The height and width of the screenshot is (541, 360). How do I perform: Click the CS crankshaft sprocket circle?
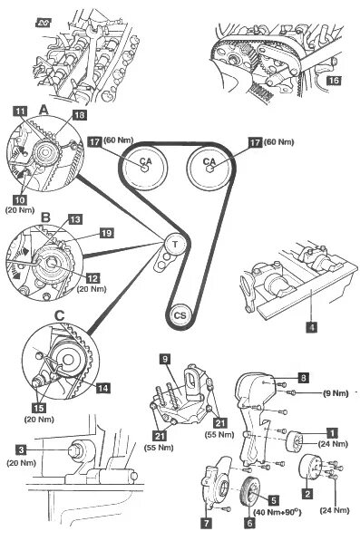(x=180, y=315)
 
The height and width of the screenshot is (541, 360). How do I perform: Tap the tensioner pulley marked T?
(x=175, y=245)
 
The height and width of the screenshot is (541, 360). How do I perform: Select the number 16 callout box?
(x=334, y=80)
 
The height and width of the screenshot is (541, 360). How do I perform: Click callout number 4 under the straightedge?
(x=312, y=327)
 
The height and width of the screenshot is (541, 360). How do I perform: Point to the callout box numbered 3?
(x=22, y=449)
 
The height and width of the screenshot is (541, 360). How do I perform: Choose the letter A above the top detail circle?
(x=44, y=110)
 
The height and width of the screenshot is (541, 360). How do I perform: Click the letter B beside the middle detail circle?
(x=45, y=217)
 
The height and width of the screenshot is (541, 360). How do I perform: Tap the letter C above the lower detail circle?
(x=60, y=315)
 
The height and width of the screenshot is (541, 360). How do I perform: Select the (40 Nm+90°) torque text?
(x=277, y=512)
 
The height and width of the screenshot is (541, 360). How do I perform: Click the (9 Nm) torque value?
(x=336, y=393)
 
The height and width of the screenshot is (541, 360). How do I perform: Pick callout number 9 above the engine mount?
(x=165, y=359)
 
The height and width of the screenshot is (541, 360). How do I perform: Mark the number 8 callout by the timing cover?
(x=304, y=378)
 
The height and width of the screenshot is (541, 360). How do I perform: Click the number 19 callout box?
(x=106, y=233)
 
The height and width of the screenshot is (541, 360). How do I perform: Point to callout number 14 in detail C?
(x=102, y=388)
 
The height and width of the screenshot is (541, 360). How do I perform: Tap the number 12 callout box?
(x=92, y=278)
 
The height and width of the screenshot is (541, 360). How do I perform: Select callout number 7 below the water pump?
(x=206, y=523)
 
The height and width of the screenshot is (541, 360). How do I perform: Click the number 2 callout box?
(x=307, y=493)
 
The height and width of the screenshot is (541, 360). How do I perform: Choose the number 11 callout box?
(x=20, y=111)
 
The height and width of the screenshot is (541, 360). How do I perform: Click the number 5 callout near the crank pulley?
(x=273, y=500)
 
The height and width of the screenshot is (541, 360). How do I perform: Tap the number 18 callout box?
(x=80, y=115)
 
